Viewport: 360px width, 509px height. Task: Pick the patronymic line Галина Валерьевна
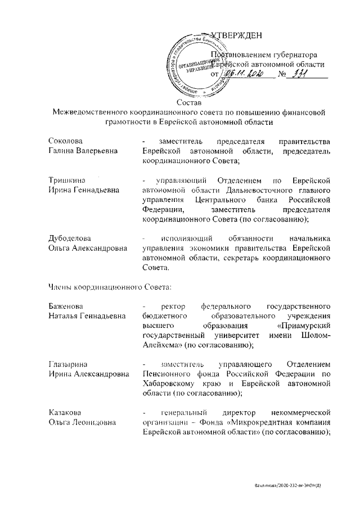tap(80, 151)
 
